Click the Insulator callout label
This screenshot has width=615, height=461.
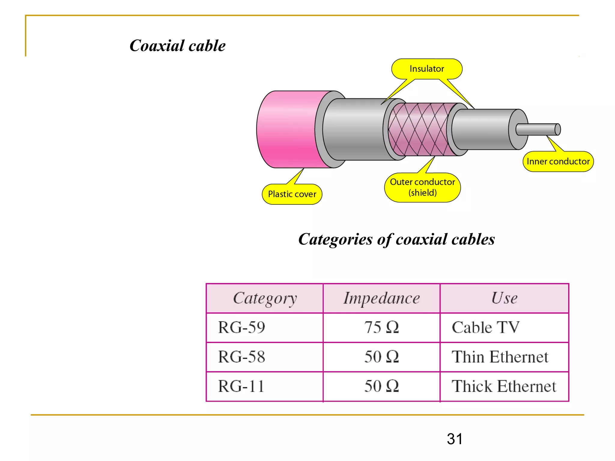(427, 69)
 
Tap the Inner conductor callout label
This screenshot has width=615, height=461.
(558, 161)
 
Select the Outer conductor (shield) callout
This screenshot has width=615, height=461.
(422, 187)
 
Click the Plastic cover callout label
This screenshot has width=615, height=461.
(292, 194)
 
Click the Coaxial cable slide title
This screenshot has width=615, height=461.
(177, 46)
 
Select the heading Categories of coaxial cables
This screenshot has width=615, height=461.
(396, 239)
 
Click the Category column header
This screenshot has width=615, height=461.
(265, 298)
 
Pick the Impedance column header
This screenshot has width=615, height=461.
(381, 298)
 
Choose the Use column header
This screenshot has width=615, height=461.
(504, 298)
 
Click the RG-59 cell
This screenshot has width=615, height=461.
(242, 327)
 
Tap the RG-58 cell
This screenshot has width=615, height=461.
(242, 357)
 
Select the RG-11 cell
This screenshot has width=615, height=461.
(241, 386)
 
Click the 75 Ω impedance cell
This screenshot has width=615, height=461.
(381, 327)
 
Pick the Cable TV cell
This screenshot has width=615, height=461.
(486, 327)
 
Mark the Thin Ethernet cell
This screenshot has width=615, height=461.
(500, 357)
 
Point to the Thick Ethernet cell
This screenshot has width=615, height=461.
(504, 386)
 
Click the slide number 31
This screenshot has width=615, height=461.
(455, 439)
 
